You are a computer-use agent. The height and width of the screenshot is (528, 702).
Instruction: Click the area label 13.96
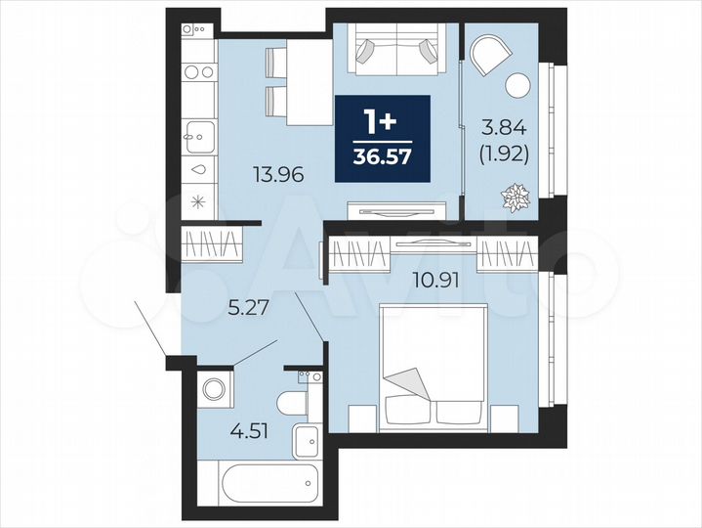(279, 176)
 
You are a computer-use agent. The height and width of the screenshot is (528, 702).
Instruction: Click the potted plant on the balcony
(512, 201)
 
